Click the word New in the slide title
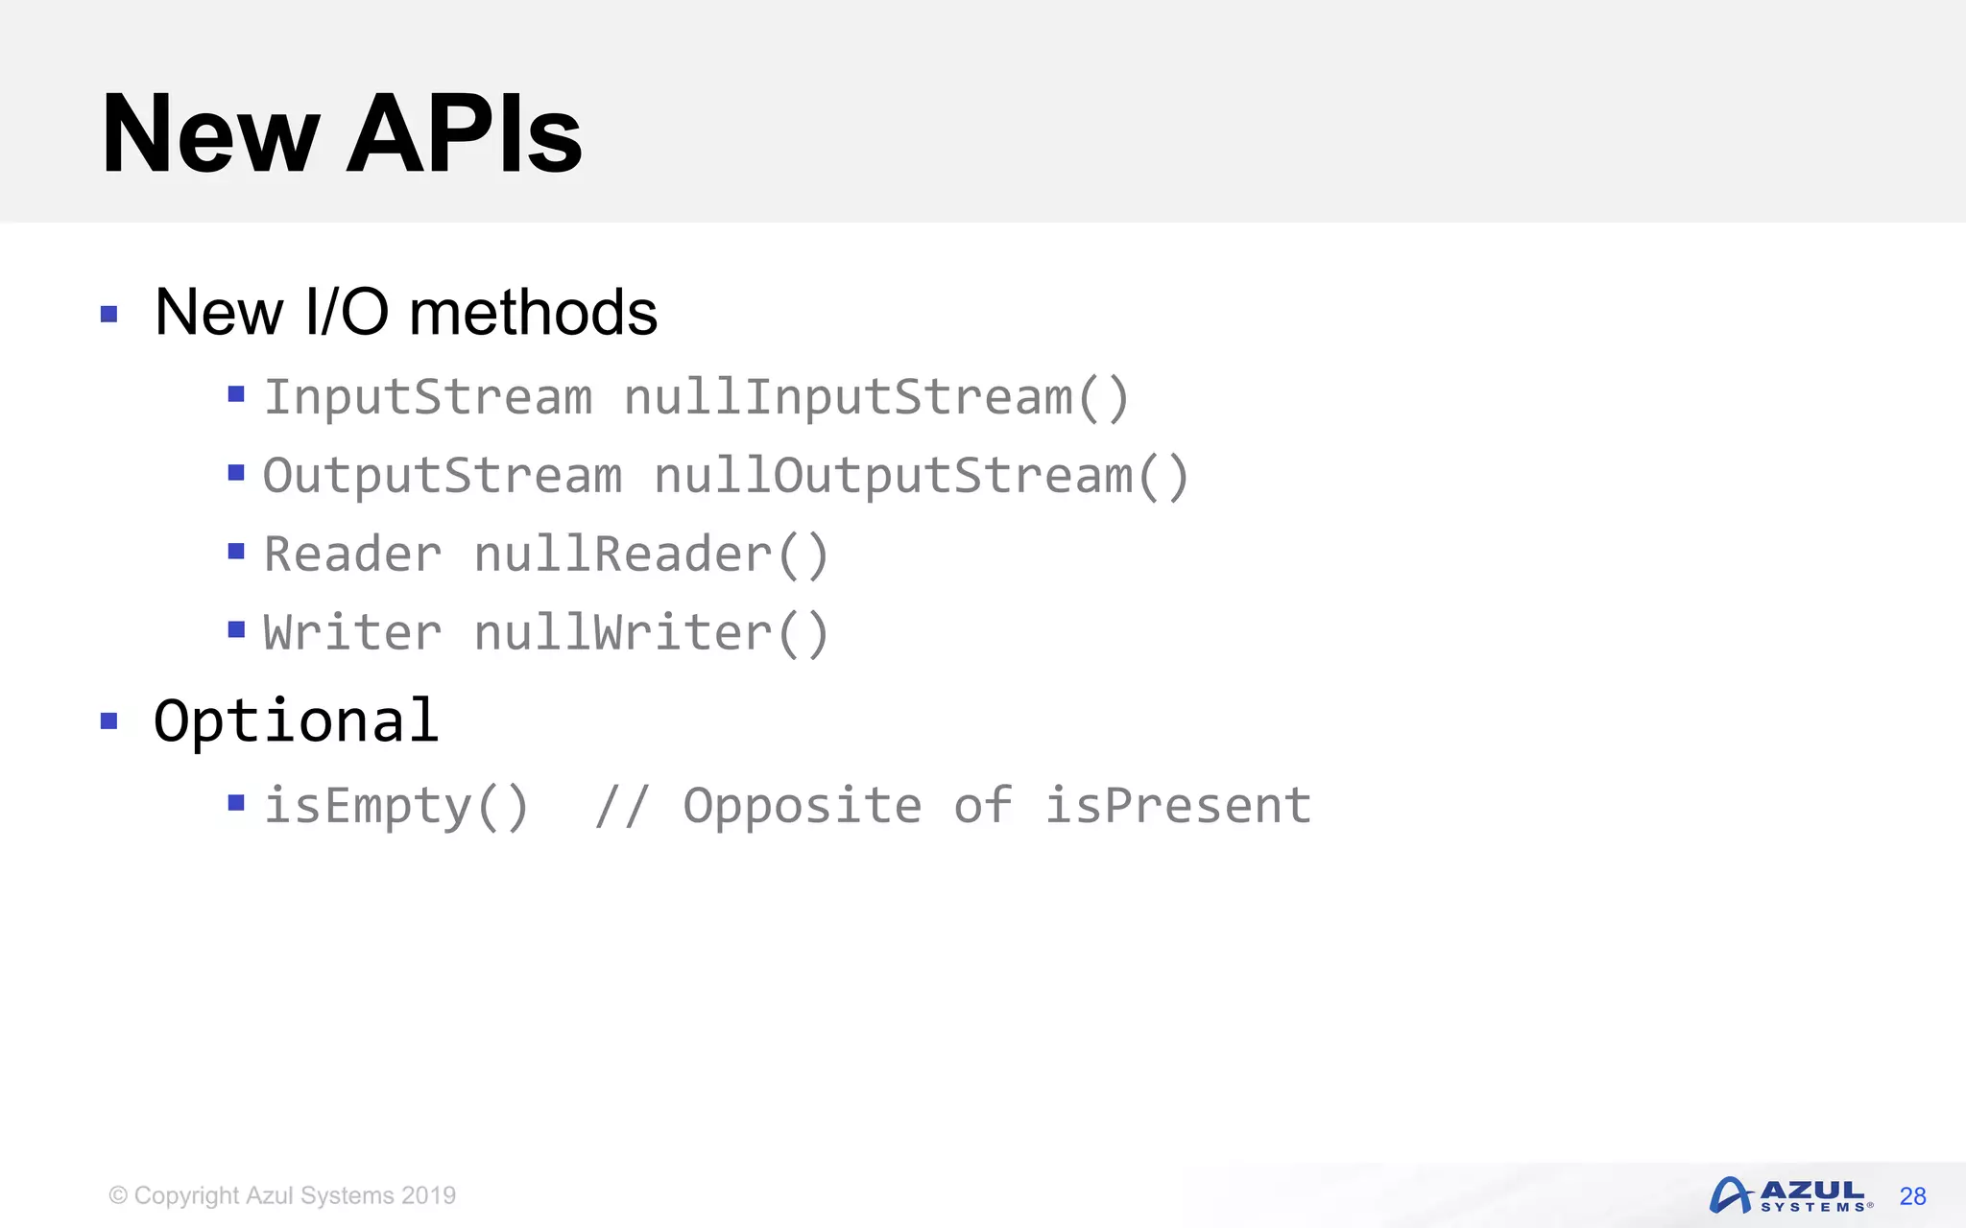tap(210, 134)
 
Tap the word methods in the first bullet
tap(533, 313)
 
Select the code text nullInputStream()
tap(876, 397)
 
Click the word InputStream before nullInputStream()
tap(428, 397)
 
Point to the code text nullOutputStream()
tap(922, 476)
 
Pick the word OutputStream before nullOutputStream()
tap(443, 476)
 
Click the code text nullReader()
tap(651, 555)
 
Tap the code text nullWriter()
tap(651, 633)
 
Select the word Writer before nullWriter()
tap(352, 633)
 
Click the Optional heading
tap(297, 720)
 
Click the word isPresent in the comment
tap(1178, 806)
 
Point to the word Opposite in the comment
tap(803, 806)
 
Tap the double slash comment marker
tap(622, 806)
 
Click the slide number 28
tap(1912, 1196)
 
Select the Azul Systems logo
tap(1790, 1195)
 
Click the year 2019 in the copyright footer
tap(428, 1195)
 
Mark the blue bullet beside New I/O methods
tap(109, 314)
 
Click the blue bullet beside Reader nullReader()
tap(236, 551)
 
